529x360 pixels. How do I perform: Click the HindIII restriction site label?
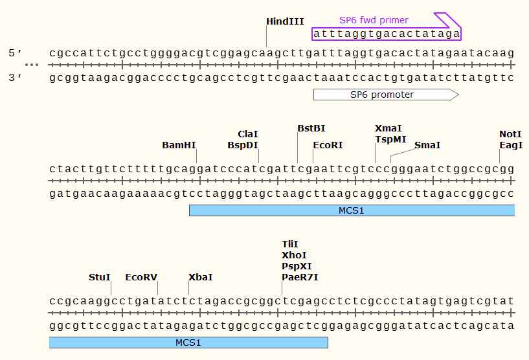[x=285, y=21]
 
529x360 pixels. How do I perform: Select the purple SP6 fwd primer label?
[x=374, y=20]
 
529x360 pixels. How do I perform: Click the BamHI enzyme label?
[x=179, y=145]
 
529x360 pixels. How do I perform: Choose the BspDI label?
[x=243, y=145]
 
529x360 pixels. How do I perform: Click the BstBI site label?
[x=311, y=128]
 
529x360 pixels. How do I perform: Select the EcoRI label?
[x=328, y=145]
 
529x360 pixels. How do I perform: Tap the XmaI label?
[x=388, y=128]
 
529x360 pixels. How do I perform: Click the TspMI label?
[x=391, y=139]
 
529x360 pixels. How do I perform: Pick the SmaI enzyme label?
[x=427, y=145]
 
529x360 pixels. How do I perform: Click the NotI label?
[x=510, y=134]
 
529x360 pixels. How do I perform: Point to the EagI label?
[x=510, y=145]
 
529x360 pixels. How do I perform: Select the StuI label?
[x=100, y=277]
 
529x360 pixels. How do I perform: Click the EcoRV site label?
[x=141, y=277]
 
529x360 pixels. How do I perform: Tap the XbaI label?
[x=200, y=277]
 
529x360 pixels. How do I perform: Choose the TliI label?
[x=289, y=244]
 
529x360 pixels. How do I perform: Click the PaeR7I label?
[x=300, y=277]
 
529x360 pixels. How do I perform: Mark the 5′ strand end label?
[x=16, y=52]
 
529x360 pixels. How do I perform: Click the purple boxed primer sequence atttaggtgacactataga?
[x=387, y=33]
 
